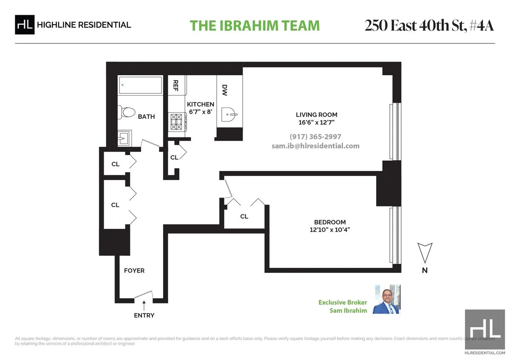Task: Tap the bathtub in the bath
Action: coord(141,85)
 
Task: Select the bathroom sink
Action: coord(124,138)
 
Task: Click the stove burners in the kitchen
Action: coord(176,122)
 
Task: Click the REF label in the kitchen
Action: coord(176,85)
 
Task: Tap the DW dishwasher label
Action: coord(224,90)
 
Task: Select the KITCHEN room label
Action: coord(201,104)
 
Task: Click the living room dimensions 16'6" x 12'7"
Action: coord(317,122)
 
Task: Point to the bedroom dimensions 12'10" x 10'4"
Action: coord(330,230)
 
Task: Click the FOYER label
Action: coord(134,270)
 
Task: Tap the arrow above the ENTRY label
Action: coord(144,306)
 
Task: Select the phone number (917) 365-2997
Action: coord(315,136)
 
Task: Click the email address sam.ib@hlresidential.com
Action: coord(315,146)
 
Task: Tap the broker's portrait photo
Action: coord(387,299)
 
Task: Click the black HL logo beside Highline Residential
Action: coord(25,25)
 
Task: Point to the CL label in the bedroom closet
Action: coord(244,216)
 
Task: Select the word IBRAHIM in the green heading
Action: coord(249,26)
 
